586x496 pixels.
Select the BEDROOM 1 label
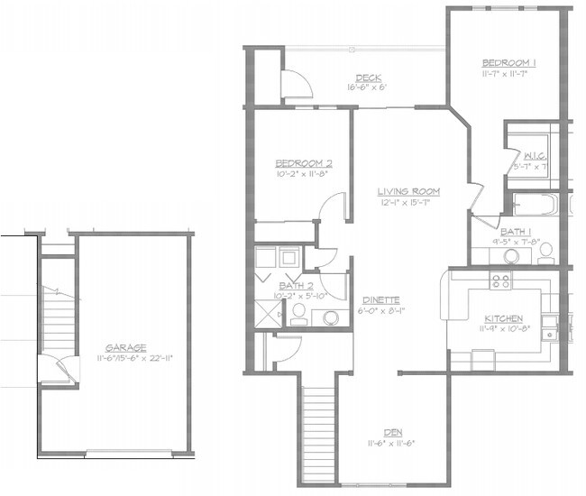pyautogui.click(x=510, y=61)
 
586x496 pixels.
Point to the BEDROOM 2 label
pyautogui.click(x=304, y=163)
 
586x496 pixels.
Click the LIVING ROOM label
pyautogui.click(x=407, y=191)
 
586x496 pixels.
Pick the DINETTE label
pyautogui.click(x=381, y=300)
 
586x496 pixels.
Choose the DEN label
pyautogui.click(x=394, y=431)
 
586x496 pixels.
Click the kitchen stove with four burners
pyautogui.click(x=500, y=281)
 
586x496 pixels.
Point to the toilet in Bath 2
pyautogui.click(x=298, y=312)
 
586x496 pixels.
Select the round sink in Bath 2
pyautogui.click(x=331, y=317)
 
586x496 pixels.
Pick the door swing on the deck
pyautogui.click(x=296, y=84)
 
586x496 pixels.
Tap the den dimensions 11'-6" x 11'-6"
pyautogui.click(x=394, y=443)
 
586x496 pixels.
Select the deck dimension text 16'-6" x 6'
pyautogui.click(x=367, y=88)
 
